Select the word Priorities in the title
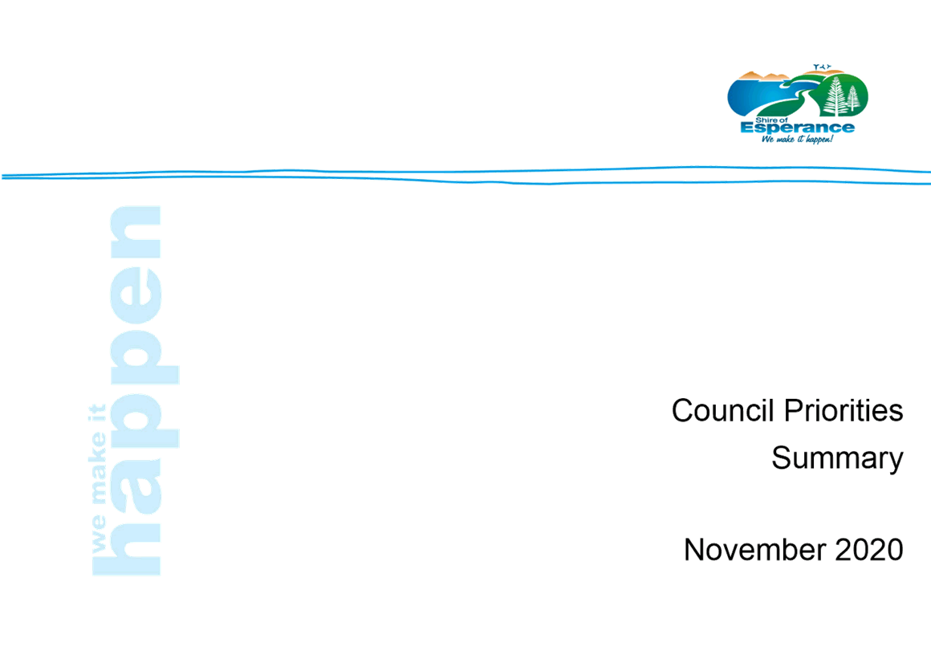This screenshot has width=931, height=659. [x=844, y=410]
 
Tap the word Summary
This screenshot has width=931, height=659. [x=837, y=459]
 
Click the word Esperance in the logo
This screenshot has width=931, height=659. [x=798, y=128]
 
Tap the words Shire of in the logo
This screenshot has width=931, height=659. [x=771, y=120]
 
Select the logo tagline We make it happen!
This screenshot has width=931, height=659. [x=798, y=139]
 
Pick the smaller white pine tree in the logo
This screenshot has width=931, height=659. [x=853, y=98]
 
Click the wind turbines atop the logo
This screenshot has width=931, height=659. [x=822, y=67]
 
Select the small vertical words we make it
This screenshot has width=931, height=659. [x=97, y=478]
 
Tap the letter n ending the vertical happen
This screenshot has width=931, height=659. [x=136, y=231]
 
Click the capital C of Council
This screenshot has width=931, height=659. [x=684, y=411]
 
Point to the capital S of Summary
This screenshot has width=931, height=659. [x=782, y=458]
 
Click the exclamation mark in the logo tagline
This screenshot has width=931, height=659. [x=831, y=139]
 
